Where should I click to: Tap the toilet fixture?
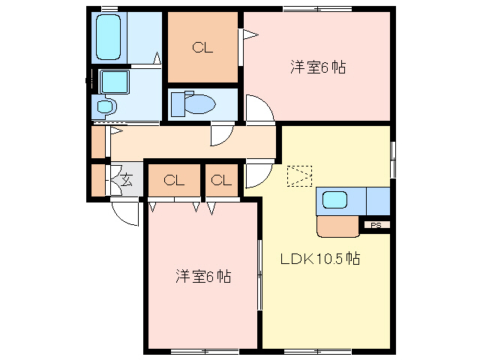[x=193, y=103]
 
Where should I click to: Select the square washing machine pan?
[x=115, y=80]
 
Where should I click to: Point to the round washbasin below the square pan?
[x=104, y=106]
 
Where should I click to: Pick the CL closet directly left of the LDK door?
[x=221, y=180]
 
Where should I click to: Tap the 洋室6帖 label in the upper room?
[x=317, y=67]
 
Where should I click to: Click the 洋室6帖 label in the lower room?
[x=202, y=277]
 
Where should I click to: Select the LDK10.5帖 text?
[x=320, y=259]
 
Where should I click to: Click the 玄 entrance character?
[x=127, y=179]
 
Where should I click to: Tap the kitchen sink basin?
[x=334, y=200]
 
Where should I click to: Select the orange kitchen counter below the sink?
[x=338, y=226]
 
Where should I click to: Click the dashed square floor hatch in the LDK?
[x=298, y=177]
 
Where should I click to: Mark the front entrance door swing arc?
[x=124, y=212]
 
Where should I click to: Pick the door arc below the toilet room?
[x=223, y=134]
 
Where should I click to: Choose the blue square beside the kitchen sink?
[x=379, y=200]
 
